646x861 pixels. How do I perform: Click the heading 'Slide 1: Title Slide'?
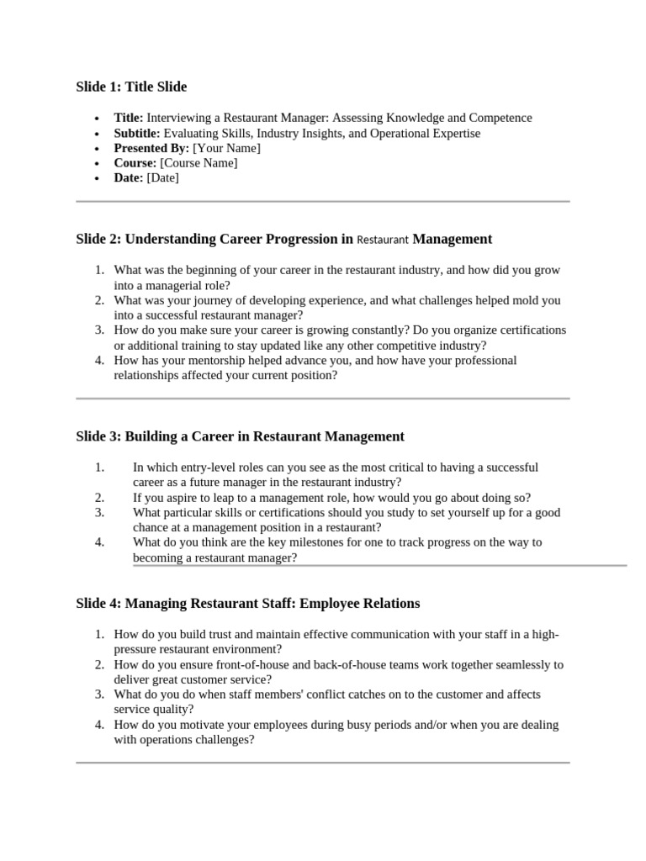(131, 87)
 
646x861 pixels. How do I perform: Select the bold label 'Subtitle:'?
(137, 134)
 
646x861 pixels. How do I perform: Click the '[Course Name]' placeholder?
(199, 163)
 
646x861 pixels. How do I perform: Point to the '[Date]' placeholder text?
(162, 178)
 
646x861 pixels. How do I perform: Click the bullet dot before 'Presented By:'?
(98, 149)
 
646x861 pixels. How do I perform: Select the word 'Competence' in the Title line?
(500, 119)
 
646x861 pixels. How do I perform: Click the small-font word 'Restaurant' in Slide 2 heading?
(383, 240)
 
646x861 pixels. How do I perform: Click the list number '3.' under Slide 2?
(99, 330)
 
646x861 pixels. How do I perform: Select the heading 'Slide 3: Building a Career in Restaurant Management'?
(240, 436)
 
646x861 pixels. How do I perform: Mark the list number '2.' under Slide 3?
(99, 498)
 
